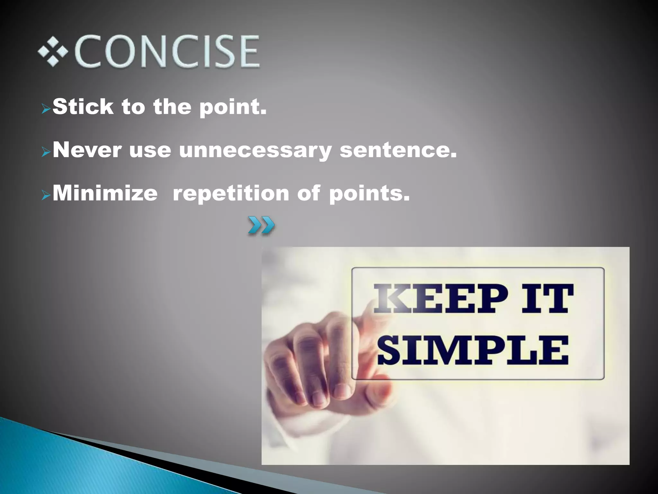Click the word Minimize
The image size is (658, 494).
tap(105, 193)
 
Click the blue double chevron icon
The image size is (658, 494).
tap(261, 226)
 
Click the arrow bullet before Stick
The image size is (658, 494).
tap(46, 110)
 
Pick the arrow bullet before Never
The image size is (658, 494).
tap(46, 152)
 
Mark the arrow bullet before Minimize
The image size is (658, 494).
tap(46, 196)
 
